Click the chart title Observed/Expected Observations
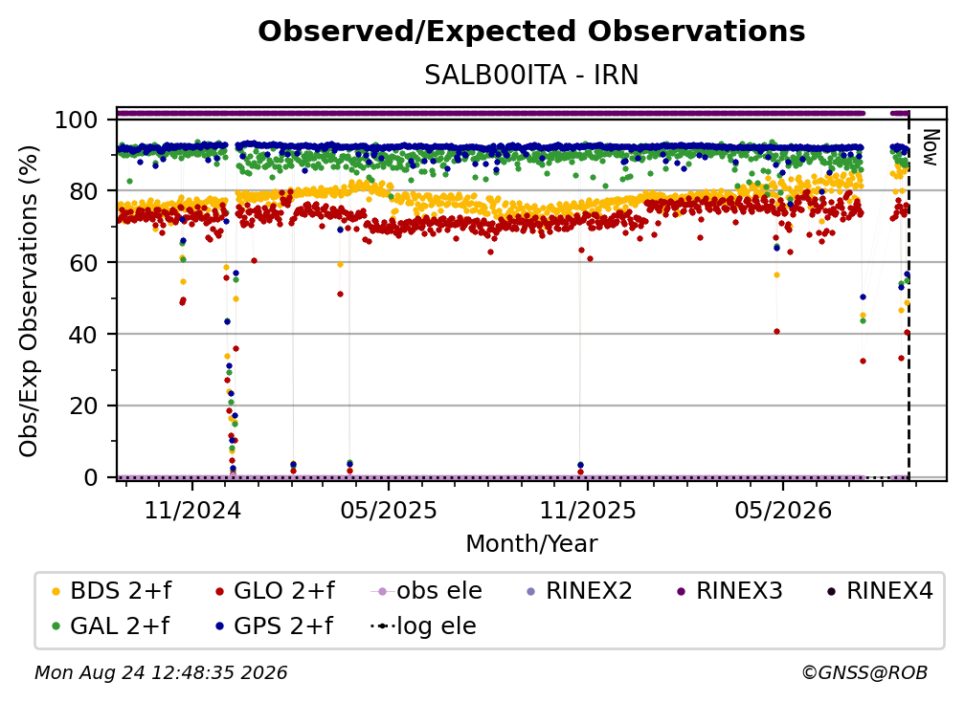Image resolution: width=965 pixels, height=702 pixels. coord(531,32)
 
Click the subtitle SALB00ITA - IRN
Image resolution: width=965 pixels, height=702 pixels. coord(531,76)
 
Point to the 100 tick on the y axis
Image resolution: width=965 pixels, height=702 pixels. coord(77,120)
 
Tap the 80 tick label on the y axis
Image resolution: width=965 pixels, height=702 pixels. coord(83,191)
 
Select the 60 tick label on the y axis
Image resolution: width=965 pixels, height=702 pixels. coord(83,263)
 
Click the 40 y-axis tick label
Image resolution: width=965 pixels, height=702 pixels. coord(83,335)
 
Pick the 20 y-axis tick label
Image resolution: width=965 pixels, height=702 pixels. coord(83,406)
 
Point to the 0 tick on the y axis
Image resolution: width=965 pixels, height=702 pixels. coord(91,477)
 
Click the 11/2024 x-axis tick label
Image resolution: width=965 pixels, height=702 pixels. coord(192,510)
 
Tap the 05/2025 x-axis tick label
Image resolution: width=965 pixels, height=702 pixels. coord(389,510)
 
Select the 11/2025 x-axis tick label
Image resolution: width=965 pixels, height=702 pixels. coord(588,510)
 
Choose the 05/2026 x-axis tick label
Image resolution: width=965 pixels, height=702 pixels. coord(783,510)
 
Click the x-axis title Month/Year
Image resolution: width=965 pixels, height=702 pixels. coord(531,544)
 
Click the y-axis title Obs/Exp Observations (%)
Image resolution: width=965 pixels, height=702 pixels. coord(29,300)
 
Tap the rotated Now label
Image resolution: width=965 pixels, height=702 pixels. coord(930,147)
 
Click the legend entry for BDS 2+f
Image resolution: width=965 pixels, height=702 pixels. coord(111,591)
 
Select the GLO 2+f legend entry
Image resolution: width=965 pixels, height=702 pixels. coord(275,591)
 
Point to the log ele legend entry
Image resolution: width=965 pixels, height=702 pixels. coord(423,626)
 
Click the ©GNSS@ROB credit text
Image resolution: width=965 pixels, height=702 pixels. coord(864,673)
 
